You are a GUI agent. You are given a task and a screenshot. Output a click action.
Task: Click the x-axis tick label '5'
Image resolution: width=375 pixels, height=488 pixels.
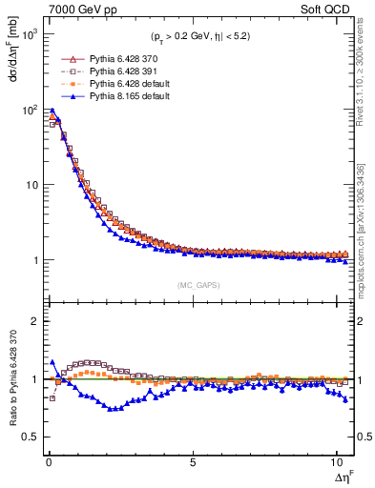[x=193, y=464]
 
